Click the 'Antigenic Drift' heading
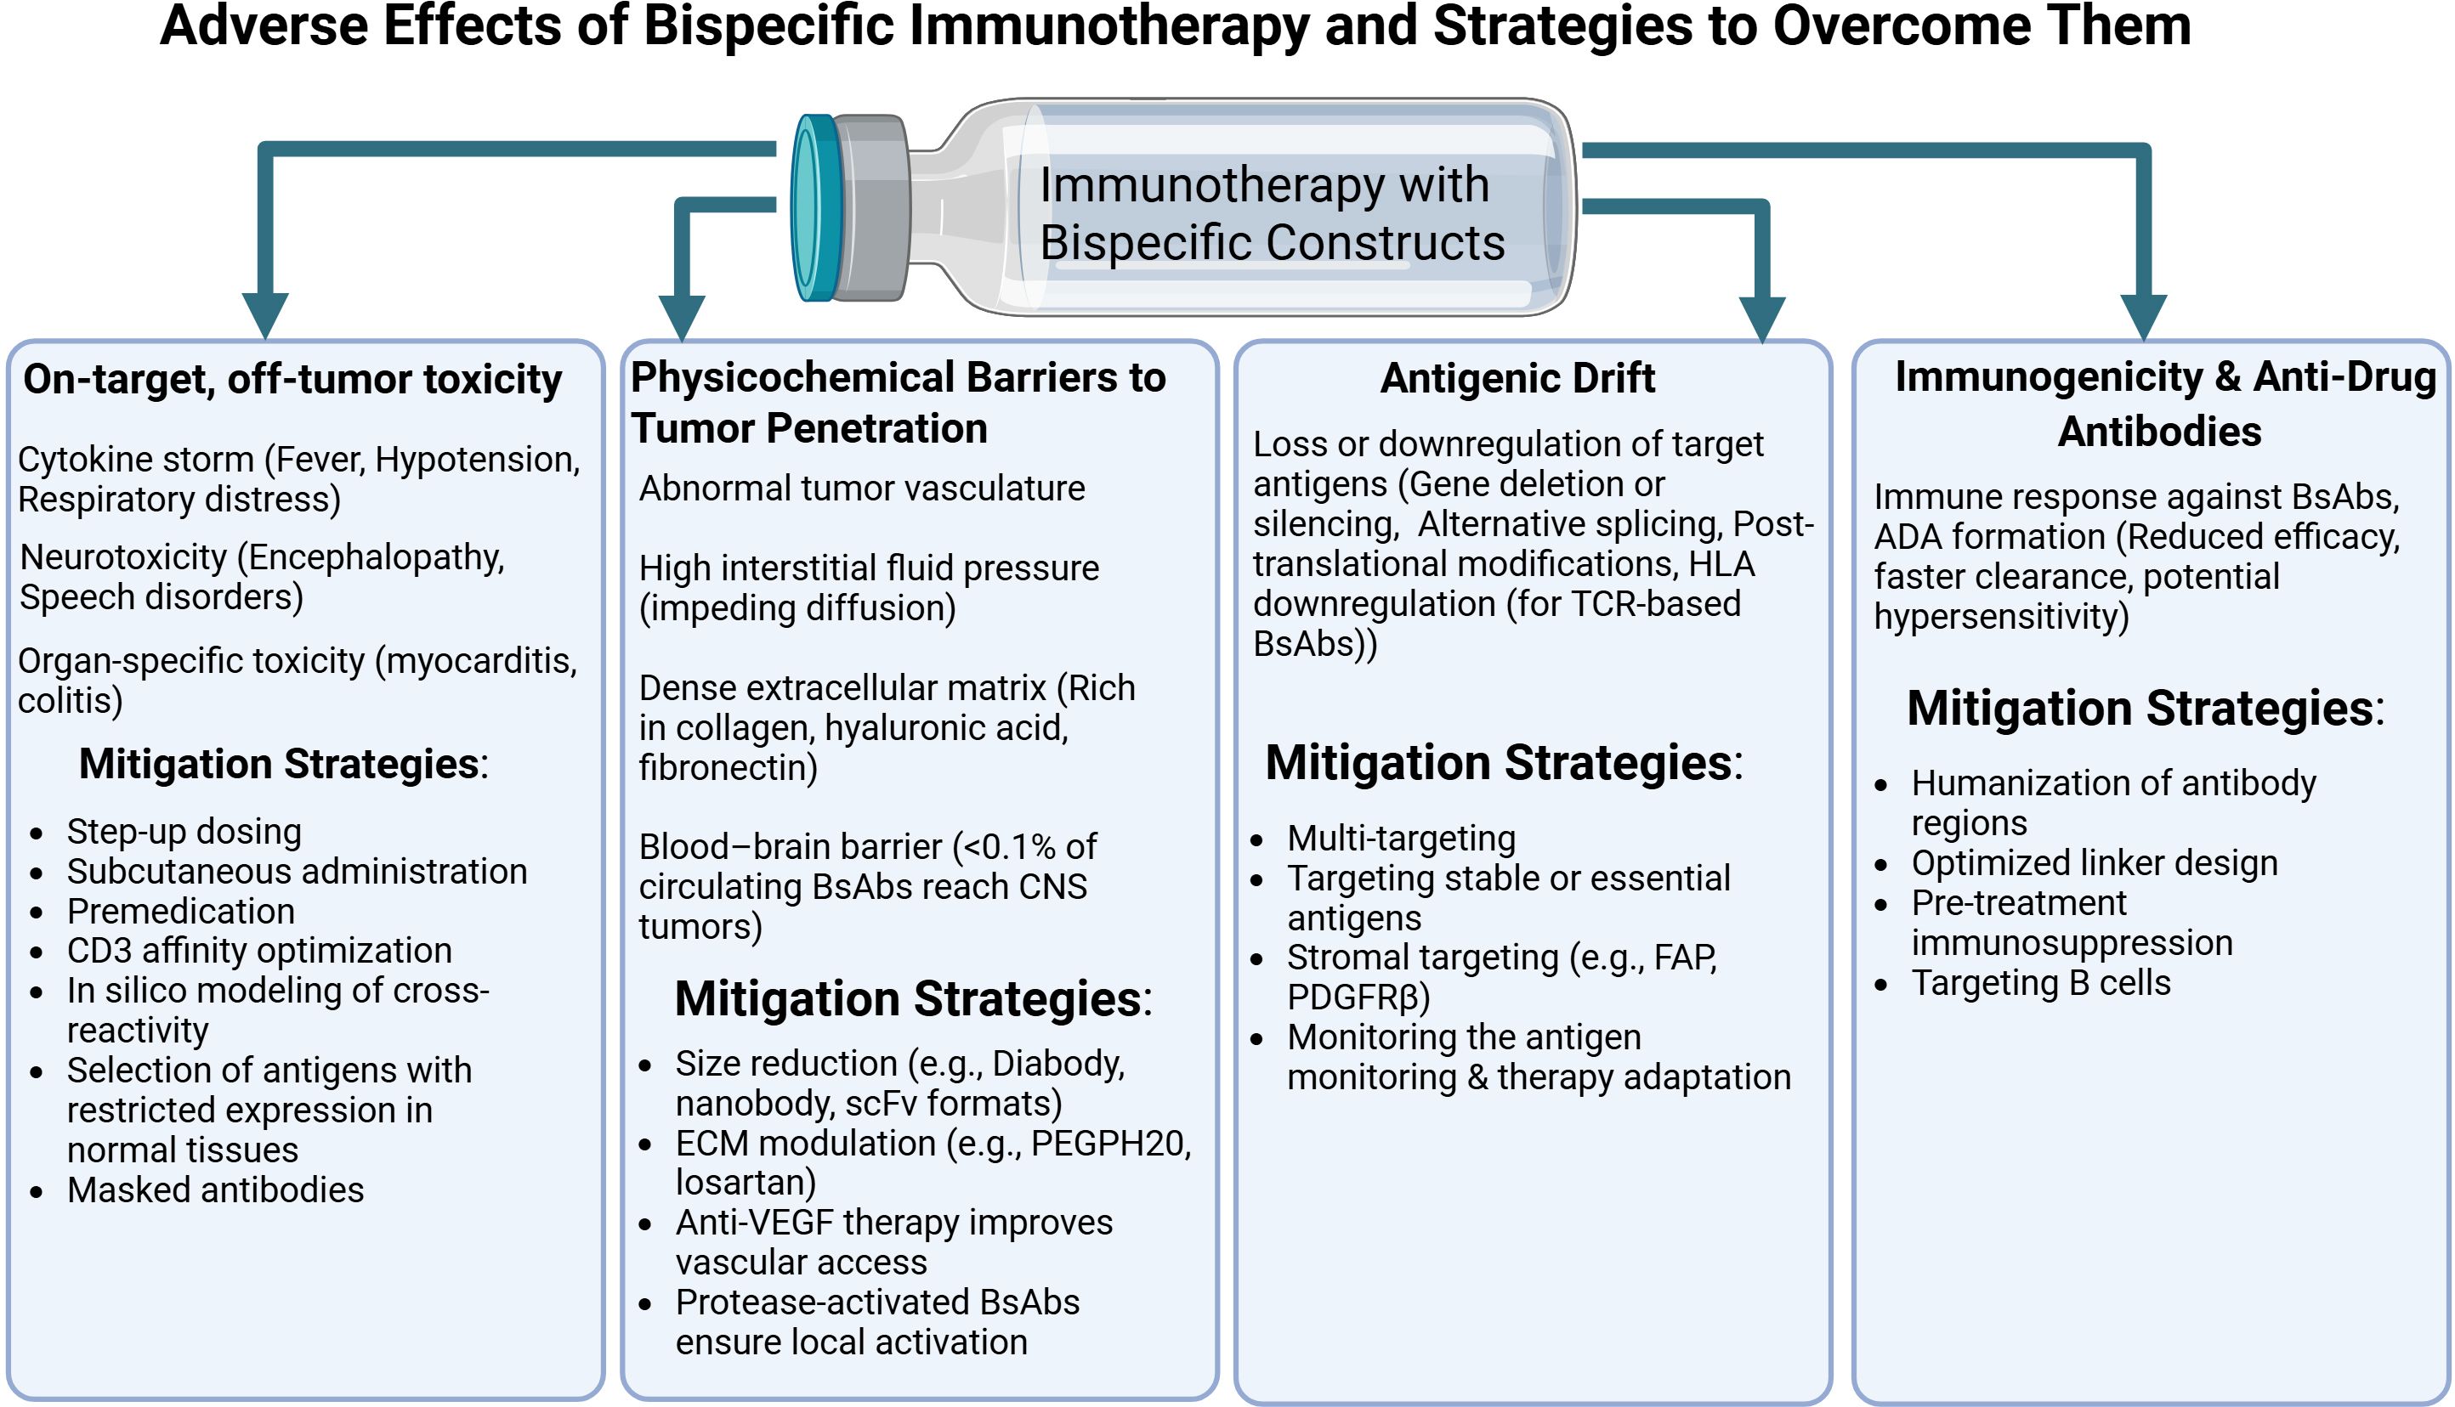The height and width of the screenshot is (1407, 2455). coord(1517,378)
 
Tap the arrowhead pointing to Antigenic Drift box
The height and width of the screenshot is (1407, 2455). coord(1762,318)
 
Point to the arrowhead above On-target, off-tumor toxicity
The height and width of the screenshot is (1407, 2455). coord(265,314)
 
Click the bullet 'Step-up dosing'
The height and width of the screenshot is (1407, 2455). coord(184,831)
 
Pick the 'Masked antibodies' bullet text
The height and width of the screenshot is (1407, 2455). coord(214,1189)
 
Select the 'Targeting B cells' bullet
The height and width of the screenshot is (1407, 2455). coord(2040,983)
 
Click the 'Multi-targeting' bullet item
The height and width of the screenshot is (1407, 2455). coord(1401,838)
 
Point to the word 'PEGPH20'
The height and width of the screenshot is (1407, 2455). coord(1109,1144)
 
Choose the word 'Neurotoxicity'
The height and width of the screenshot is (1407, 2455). coord(122,557)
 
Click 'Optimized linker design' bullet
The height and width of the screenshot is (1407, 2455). coord(2094,863)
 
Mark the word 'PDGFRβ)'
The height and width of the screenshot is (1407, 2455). coord(1358,997)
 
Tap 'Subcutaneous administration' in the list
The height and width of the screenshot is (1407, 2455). coord(297,872)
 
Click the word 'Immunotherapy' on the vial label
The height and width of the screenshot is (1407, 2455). coord(1211,184)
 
